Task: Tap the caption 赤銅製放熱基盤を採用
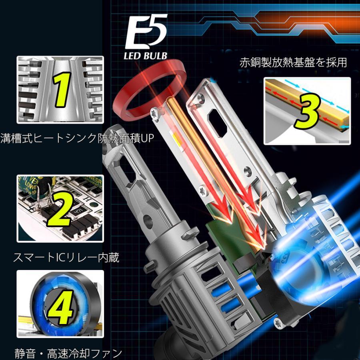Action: (293, 63)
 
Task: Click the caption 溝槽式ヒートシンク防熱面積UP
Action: (77, 138)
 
